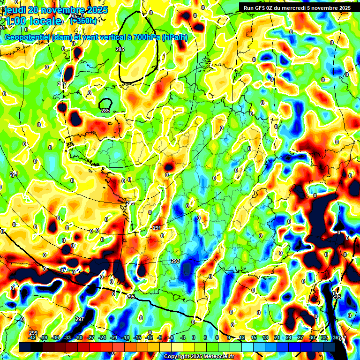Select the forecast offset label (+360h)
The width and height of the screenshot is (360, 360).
[84, 21]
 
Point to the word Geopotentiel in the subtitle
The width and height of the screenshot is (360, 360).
[27, 37]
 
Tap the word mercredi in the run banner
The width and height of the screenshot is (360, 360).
[300, 7]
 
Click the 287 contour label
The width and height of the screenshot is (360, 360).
[62, 84]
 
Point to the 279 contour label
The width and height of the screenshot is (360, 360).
[130, 203]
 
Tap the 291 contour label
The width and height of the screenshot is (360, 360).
[157, 228]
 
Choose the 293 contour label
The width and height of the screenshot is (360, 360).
[175, 261]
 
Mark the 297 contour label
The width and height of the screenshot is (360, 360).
[80, 319]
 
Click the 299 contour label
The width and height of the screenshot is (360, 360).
[33, 333]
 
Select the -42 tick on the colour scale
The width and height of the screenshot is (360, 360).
[32, 337]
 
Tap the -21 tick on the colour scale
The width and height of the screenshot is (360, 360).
[114, 337]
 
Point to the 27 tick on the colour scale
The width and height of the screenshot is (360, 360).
[300, 337]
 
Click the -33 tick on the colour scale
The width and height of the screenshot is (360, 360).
[67, 337]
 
